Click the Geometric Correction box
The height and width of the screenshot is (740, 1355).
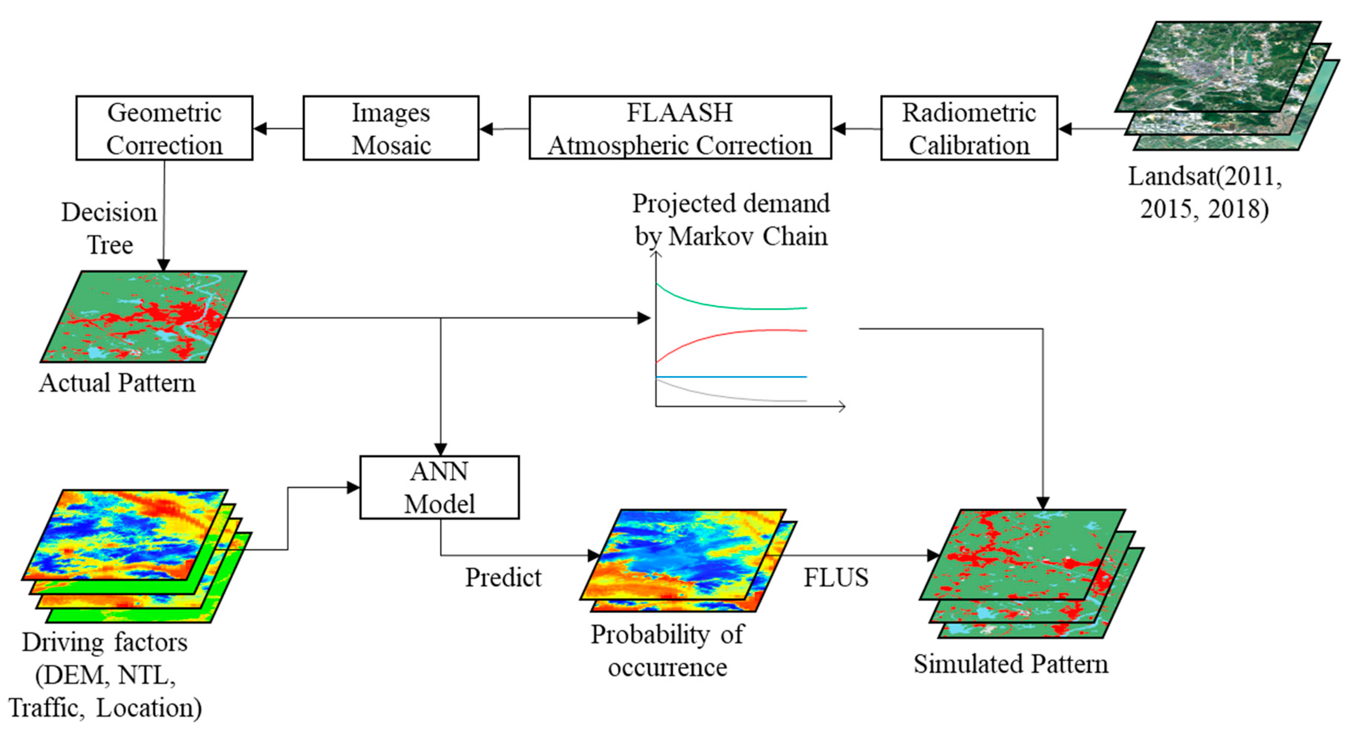tap(164, 128)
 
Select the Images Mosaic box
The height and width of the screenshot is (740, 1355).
tap(391, 128)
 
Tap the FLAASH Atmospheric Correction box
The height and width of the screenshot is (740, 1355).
tap(680, 128)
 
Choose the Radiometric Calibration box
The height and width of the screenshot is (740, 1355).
tap(969, 128)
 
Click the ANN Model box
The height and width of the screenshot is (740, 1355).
tap(439, 487)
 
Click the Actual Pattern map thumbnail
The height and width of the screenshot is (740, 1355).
tap(143, 317)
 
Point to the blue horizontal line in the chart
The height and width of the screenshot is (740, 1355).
tap(731, 377)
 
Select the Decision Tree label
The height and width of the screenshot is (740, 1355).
tap(109, 228)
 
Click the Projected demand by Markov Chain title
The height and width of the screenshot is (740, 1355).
tap(731, 220)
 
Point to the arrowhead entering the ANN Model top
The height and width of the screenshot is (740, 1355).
tap(440, 449)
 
